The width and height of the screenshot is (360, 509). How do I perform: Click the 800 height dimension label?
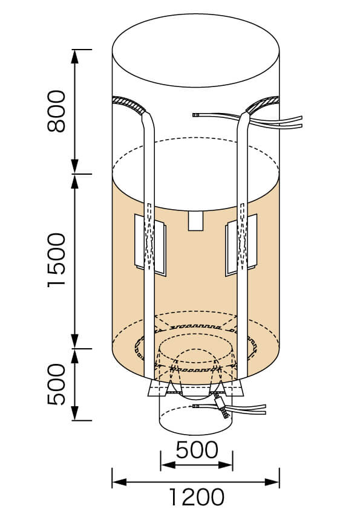click(56, 111)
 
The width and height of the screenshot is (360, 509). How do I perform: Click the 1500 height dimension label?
click(56, 261)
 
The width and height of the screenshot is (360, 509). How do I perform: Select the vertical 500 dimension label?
click(56, 384)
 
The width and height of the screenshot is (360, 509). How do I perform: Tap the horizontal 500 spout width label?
click(197, 450)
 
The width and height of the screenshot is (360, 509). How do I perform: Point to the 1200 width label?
click(196, 497)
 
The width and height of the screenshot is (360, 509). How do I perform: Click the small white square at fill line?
click(195, 221)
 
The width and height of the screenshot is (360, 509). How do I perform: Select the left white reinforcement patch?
click(150, 245)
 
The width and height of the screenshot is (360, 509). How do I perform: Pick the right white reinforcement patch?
click(241, 245)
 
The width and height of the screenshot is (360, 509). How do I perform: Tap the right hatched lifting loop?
click(263, 105)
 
